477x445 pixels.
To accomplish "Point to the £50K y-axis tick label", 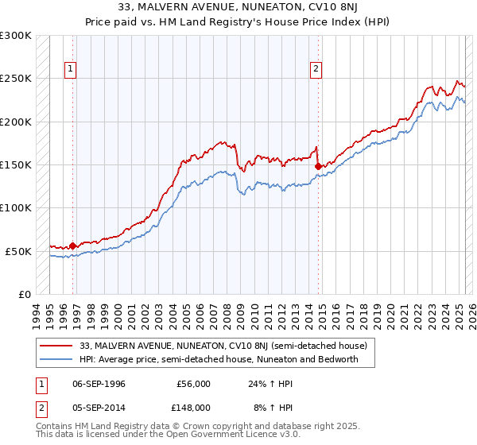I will [18, 251].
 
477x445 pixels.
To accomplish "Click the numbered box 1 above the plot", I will [71, 69].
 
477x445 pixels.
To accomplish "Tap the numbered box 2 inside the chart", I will [316, 69].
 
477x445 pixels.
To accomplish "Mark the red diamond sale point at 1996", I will [72, 246].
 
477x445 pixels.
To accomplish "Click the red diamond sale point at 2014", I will [318, 166].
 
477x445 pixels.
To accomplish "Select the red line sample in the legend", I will [57, 346].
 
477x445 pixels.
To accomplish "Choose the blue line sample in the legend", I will [57, 359].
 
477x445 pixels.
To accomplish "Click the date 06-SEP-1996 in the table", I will [98, 384].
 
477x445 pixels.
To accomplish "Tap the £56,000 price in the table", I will [193, 384].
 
